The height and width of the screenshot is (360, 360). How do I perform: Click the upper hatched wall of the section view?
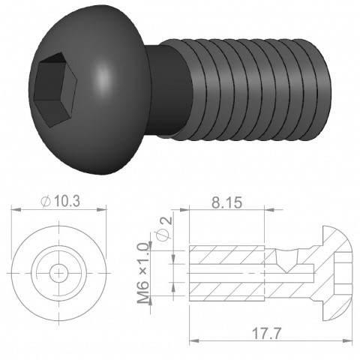coord(225,253)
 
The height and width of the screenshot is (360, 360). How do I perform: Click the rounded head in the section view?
coord(337,270)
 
